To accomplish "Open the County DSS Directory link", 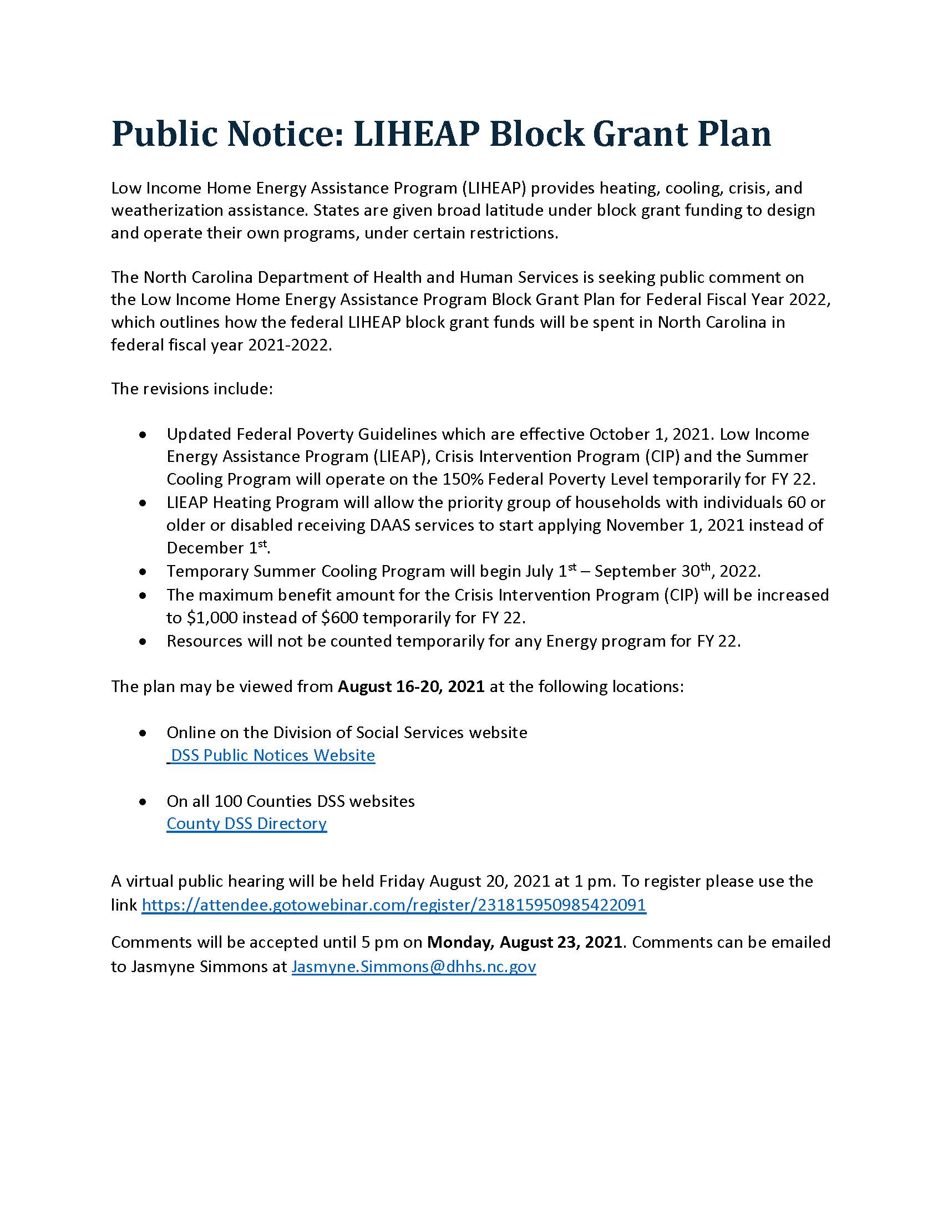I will (246, 823).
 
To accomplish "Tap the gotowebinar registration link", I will (394, 904).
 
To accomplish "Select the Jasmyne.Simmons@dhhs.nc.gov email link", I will (413, 967).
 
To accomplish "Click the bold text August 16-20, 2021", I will (411, 686).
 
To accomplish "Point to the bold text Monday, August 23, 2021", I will (525, 942).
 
